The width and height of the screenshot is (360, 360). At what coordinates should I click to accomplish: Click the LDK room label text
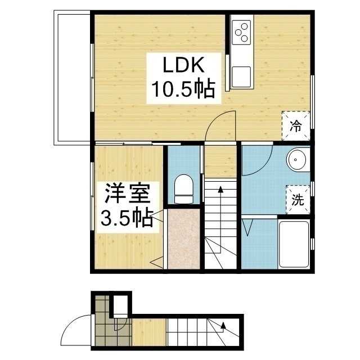point(181,66)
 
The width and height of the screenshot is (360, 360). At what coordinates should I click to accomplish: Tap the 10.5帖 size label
point(181,89)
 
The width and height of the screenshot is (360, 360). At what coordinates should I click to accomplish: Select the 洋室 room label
point(127,195)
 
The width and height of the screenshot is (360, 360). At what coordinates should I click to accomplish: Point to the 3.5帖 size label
point(127,218)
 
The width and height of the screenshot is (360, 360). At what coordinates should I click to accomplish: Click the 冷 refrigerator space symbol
point(295,125)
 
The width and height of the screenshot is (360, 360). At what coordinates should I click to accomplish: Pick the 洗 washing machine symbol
point(298,199)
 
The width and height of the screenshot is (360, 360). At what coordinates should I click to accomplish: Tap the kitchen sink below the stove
point(242,76)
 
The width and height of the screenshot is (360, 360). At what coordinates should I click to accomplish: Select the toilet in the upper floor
point(184,188)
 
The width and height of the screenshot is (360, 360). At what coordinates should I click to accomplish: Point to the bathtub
point(294,243)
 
